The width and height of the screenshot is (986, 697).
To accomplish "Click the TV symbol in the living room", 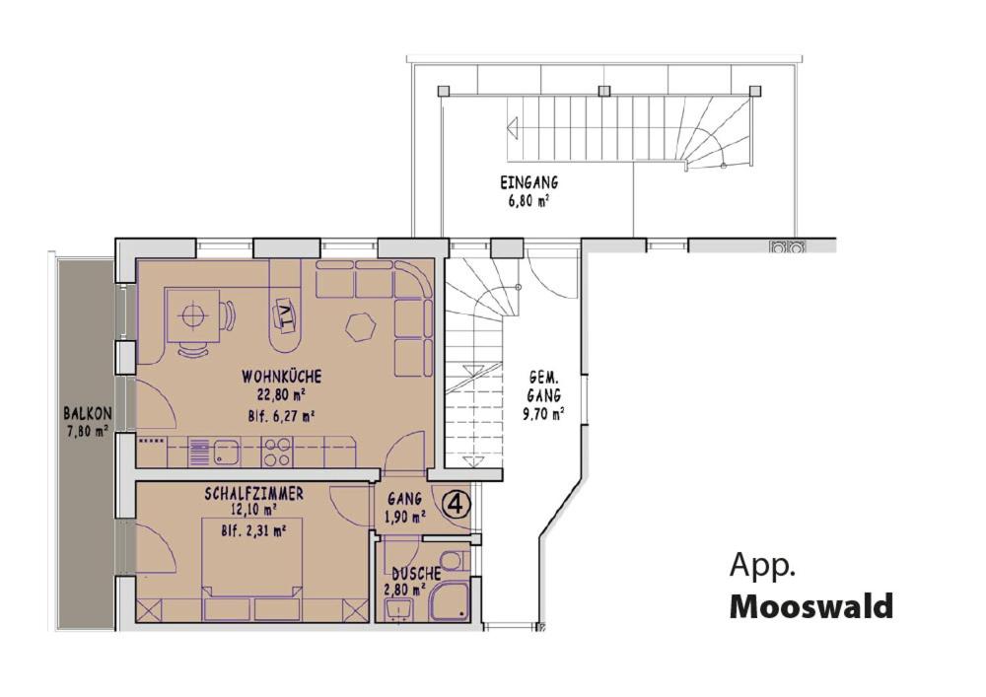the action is coord(286,312).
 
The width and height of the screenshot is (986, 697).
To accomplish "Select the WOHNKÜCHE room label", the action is coord(281,377).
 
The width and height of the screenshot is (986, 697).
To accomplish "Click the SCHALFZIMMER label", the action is coord(253,494).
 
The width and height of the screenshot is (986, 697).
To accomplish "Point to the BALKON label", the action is coord(88,414).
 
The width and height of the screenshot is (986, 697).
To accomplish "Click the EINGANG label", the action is coord(528,183).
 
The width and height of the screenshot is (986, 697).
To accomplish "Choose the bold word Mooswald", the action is coord(811,607).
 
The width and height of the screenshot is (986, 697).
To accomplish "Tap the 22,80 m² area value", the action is coord(280,395).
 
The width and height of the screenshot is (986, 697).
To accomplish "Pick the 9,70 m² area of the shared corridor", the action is coord(543,413).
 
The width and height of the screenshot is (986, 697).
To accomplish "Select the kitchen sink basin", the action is coord(225,451).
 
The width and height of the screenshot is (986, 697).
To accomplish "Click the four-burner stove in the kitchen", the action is coord(277,452).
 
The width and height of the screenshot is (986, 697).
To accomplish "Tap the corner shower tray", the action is coord(449,599).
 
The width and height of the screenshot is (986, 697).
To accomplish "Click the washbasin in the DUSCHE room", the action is coord(398,608).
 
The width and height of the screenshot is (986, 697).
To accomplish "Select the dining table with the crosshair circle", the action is coord(192,315).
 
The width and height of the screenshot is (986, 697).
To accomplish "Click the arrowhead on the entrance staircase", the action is coord(513,128).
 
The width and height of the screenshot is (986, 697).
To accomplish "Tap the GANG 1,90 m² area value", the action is coord(405,518).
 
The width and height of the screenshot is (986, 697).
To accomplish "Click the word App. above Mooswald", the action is coord(762,567).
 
